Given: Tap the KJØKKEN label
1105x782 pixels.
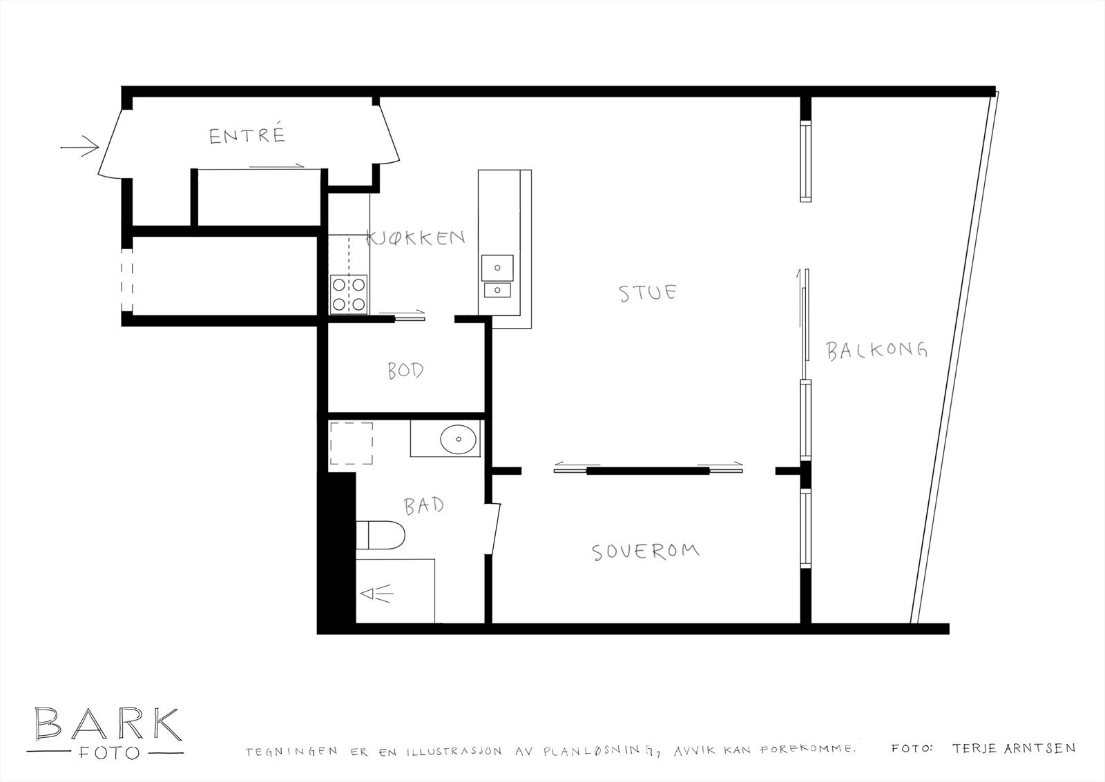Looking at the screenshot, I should coord(416,238).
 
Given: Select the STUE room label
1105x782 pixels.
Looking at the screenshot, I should coord(648,293).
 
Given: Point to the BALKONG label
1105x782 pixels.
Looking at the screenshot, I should coord(876,351).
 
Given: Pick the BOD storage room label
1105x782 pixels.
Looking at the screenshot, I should coord(405,371).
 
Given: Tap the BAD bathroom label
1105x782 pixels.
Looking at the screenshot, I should coord(424,506).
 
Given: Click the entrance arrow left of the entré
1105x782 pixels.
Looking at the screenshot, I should coord(79,147).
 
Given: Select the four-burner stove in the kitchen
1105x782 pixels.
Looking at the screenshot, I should coord(349,293).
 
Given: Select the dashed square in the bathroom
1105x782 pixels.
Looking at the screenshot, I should coord(351,443).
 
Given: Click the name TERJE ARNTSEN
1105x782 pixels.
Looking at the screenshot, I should coord(1012,747).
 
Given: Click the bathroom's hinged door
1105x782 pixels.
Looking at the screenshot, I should coord(494,529).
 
